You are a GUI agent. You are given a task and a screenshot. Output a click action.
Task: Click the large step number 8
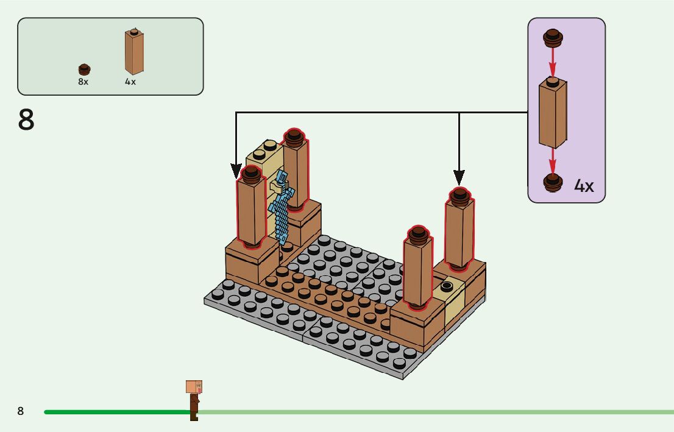[x=26, y=120]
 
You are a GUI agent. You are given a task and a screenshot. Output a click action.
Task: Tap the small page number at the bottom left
[x=21, y=411]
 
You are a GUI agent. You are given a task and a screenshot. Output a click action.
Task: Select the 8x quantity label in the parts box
[x=83, y=82]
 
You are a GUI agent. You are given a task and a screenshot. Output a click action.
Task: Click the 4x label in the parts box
[x=130, y=82]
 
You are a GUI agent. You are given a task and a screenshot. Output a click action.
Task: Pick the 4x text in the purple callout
[x=584, y=186]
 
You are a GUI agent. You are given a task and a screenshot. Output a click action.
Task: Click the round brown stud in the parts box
[x=84, y=69]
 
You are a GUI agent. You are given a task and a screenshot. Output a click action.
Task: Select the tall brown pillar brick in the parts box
[x=133, y=52]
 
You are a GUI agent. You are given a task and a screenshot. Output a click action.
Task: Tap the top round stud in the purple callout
[x=553, y=38]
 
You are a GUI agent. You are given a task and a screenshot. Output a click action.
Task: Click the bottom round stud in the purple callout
[x=553, y=182]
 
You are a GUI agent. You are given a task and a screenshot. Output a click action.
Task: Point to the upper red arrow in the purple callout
[x=553, y=61]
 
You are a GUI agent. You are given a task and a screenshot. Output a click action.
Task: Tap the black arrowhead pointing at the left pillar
[x=236, y=170]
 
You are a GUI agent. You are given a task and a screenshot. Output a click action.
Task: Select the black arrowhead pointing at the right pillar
[x=459, y=177]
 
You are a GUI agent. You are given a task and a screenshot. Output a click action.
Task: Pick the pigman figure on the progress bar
[x=194, y=400]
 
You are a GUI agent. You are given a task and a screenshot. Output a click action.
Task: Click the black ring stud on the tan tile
[x=448, y=286]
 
